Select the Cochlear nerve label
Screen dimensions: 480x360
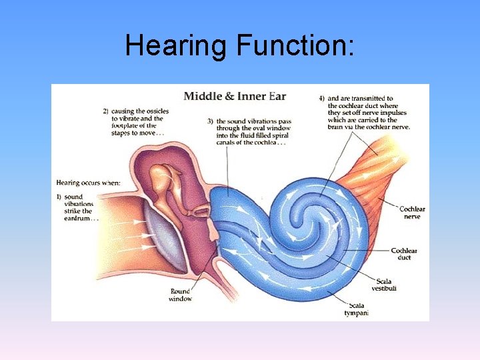(x=412, y=213)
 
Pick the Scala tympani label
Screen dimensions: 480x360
(x=357, y=309)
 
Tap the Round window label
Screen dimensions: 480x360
(x=180, y=295)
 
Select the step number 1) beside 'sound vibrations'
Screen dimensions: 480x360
(x=59, y=197)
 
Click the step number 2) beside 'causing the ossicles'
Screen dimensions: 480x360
(x=106, y=111)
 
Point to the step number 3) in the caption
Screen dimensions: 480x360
(x=210, y=121)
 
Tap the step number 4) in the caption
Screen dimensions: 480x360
(x=322, y=98)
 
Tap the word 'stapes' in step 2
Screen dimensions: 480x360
(x=123, y=133)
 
